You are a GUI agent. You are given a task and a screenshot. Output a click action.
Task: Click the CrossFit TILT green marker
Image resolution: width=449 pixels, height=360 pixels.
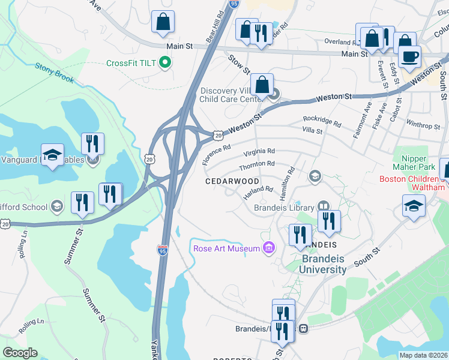click(x=164, y=63)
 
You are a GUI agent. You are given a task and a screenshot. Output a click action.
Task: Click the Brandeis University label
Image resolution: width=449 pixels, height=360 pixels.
click(x=324, y=264)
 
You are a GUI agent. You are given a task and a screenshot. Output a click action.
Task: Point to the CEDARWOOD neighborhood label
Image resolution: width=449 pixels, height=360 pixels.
click(x=232, y=181)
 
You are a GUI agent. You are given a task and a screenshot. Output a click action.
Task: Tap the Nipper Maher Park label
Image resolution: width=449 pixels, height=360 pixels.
click(x=415, y=161)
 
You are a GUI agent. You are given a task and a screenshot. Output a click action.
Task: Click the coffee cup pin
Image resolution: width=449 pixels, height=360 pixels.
click(x=411, y=57)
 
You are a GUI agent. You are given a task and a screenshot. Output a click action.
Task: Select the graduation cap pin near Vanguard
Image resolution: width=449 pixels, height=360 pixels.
click(x=53, y=155)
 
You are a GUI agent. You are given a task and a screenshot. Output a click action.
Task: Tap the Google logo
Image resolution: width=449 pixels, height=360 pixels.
click(x=20, y=353)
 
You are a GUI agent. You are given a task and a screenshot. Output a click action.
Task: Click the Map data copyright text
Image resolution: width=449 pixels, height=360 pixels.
click(x=424, y=355)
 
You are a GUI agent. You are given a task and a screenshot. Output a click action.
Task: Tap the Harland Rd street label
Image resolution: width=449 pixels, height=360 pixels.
click(x=258, y=190)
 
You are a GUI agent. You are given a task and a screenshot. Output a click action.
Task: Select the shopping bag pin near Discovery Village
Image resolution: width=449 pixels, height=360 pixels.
click(x=262, y=85)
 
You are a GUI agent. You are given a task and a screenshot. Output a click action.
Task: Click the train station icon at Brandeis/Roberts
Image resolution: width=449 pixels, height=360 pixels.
click(x=304, y=328)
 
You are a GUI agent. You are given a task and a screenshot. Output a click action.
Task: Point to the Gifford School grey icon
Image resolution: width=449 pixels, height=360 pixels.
click(x=57, y=207)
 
